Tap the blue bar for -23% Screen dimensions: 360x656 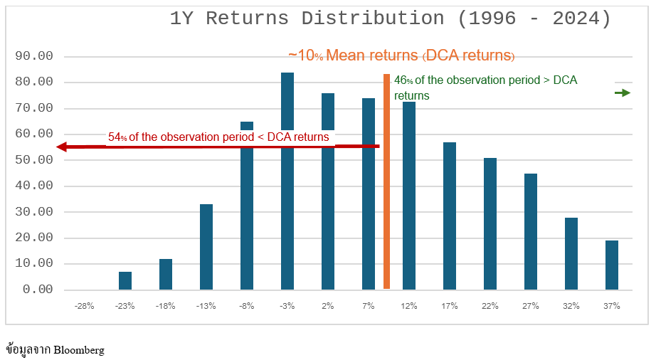(x=125, y=280)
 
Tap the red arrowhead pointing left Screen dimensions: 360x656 (x=62, y=147)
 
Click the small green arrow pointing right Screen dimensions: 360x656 (x=623, y=92)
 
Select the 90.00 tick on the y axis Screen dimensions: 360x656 (x=33, y=56)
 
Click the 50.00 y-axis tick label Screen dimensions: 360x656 (x=33, y=160)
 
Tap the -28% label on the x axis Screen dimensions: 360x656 (x=84, y=306)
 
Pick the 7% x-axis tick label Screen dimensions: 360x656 (x=369, y=306)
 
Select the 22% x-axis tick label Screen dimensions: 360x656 (x=490, y=306)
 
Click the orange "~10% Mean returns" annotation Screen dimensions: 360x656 (x=401, y=55)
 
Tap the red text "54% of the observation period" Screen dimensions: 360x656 (x=218, y=137)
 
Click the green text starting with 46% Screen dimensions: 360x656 (x=485, y=88)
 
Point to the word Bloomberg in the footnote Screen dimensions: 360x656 (x=79, y=350)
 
